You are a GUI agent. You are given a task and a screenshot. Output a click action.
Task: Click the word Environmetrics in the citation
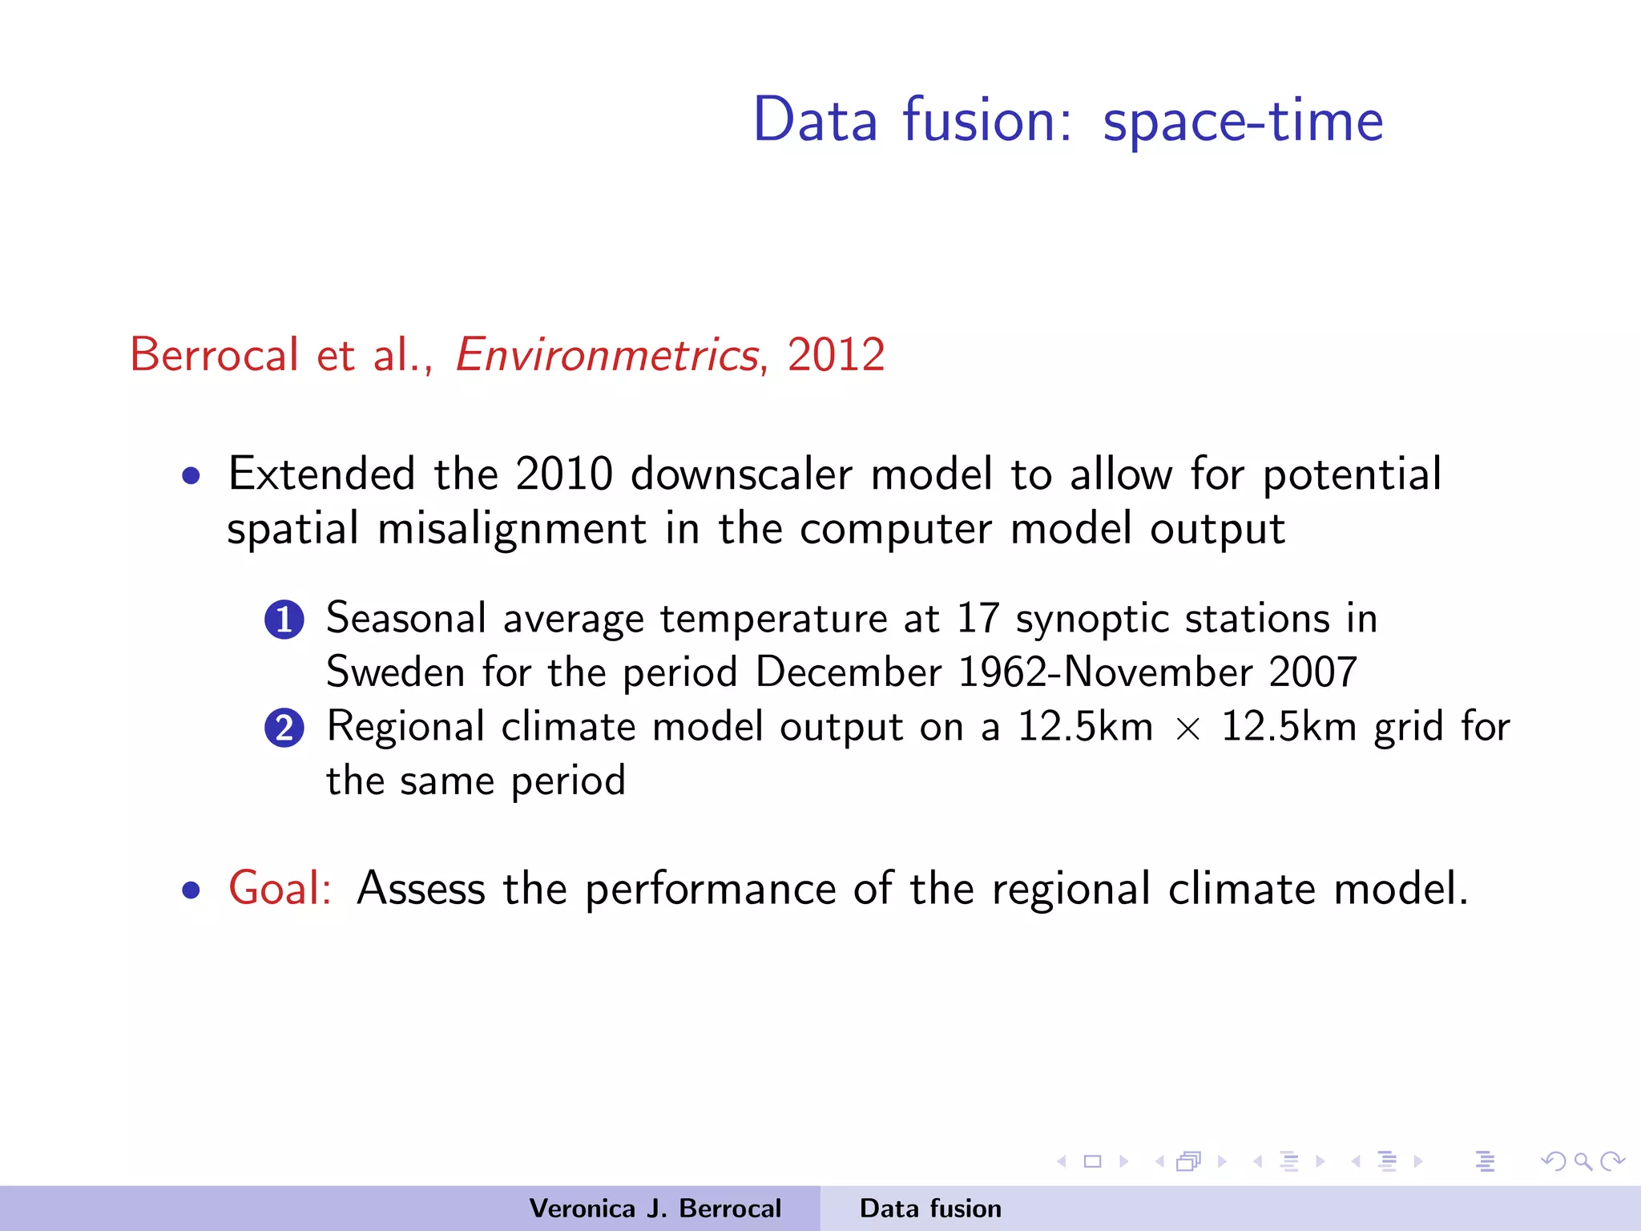coord(607,355)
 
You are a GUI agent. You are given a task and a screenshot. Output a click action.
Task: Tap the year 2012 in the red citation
coord(836,355)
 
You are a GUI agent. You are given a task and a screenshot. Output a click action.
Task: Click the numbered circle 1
coord(284,620)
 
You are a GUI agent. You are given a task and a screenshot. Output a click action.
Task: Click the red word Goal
coord(279,888)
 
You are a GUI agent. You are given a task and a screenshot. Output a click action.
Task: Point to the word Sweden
coord(395,672)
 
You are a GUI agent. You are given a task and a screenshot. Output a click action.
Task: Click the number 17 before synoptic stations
coord(978,619)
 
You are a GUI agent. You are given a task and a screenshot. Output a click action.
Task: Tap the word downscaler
coord(741,474)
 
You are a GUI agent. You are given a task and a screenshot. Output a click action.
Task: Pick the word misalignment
coord(511,529)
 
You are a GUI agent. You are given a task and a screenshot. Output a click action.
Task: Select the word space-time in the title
coord(1243,120)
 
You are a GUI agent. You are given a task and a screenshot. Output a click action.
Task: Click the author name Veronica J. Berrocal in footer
coord(655,1209)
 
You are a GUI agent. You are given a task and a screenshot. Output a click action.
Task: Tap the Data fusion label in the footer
coord(930,1209)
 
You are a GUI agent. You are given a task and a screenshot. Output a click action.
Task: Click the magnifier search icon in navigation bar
coord(1583,1161)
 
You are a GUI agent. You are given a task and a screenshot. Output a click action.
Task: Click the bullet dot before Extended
coord(191,477)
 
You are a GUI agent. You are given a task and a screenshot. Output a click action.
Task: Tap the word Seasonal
coord(406,619)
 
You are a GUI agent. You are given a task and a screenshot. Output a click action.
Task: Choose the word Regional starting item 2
coord(405,728)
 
